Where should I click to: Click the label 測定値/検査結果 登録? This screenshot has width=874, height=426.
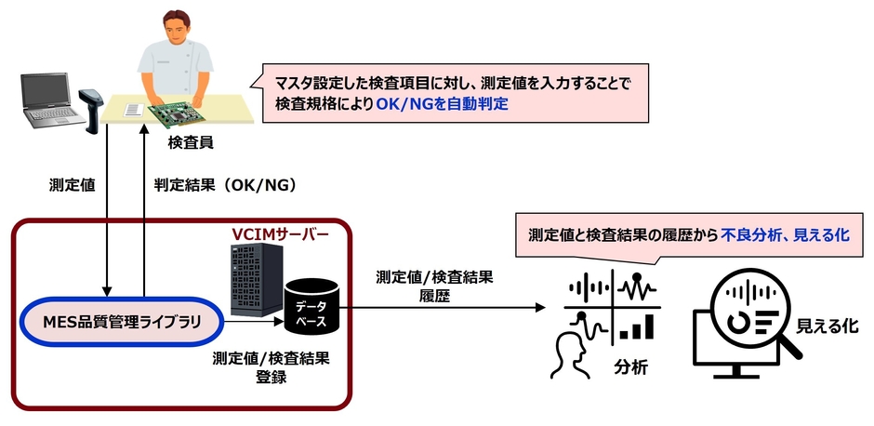coord(271,367)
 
